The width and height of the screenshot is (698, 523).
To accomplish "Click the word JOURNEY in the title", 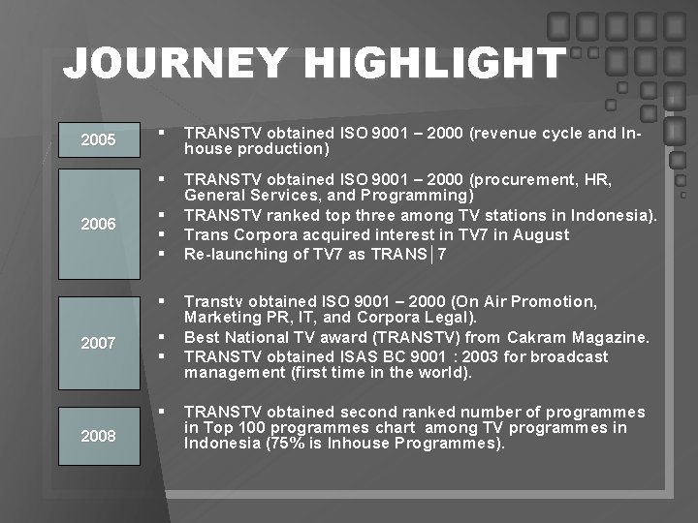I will pyautogui.click(x=174, y=64).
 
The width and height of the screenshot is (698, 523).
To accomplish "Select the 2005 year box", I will pyautogui.click(x=98, y=140).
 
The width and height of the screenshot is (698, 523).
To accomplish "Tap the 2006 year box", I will pyautogui.click(x=98, y=224).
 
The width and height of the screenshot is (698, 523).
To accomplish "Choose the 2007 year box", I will pyautogui.click(x=98, y=342).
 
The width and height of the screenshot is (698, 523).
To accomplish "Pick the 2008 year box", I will pyautogui.click(x=98, y=436).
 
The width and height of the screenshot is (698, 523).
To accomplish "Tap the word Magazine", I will pyautogui.click(x=613, y=337).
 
